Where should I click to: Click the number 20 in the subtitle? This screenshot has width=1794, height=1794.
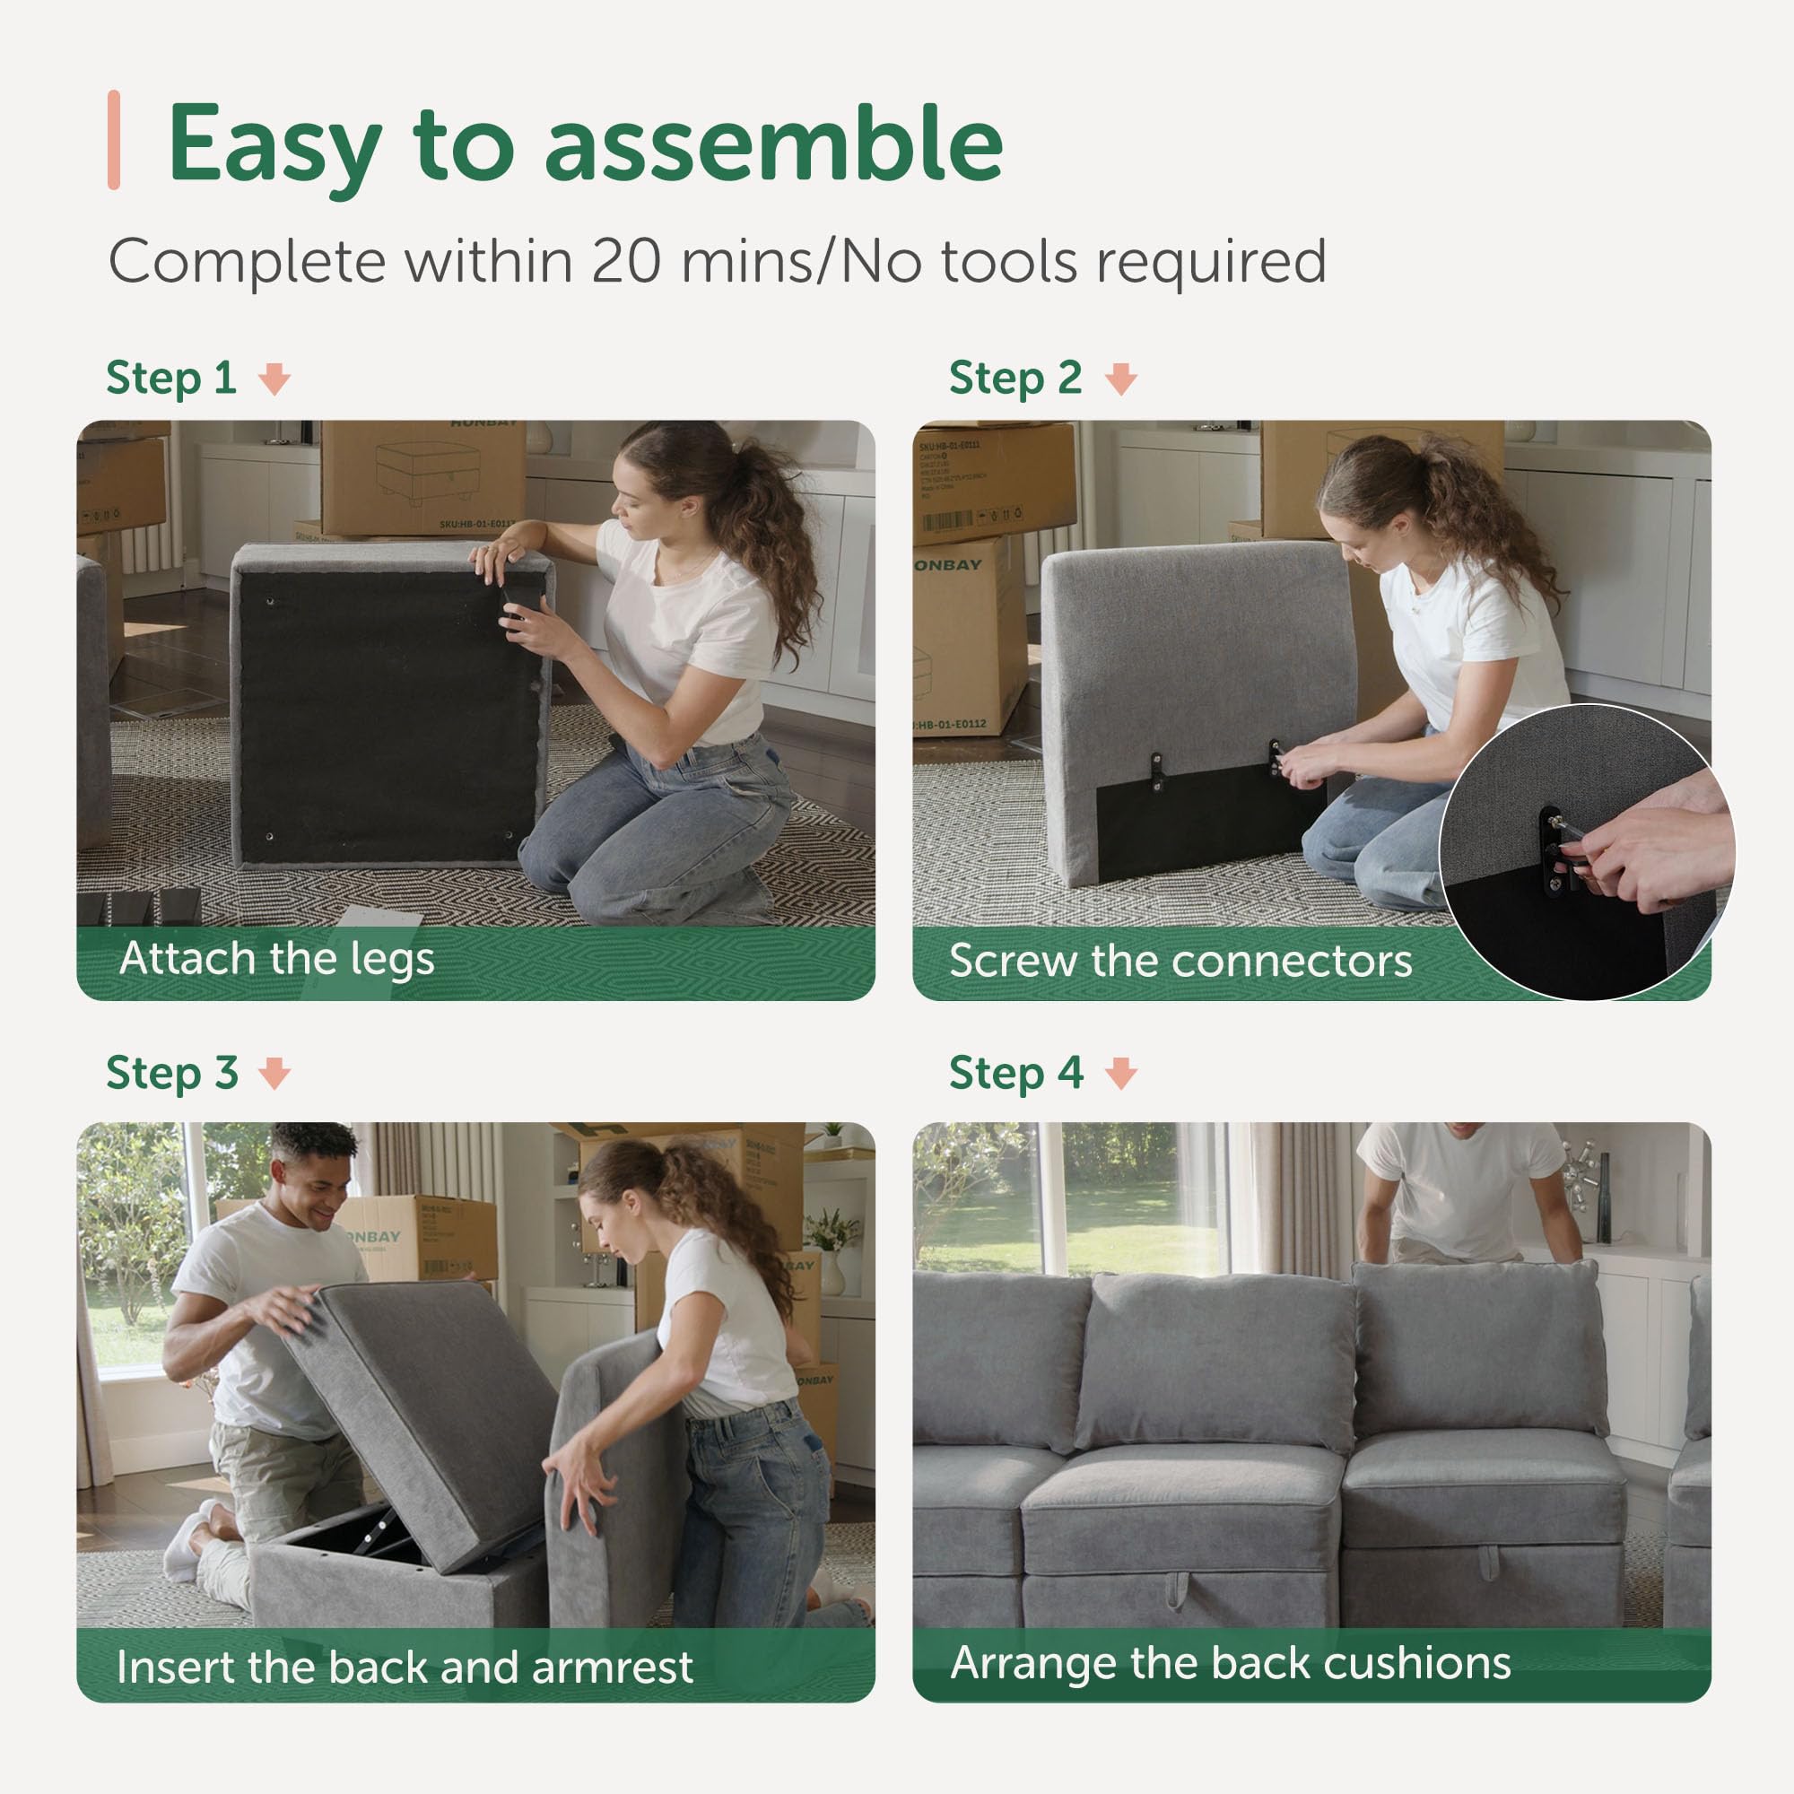click(626, 262)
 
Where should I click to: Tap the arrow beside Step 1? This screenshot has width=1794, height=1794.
click(274, 379)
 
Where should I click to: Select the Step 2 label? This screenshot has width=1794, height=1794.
click(1015, 378)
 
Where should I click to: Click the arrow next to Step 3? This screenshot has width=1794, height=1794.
click(274, 1074)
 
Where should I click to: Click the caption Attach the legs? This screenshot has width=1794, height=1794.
click(276, 958)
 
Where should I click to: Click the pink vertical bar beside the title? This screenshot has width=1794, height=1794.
click(114, 140)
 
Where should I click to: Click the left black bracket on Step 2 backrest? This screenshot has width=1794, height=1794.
click(1157, 771)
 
